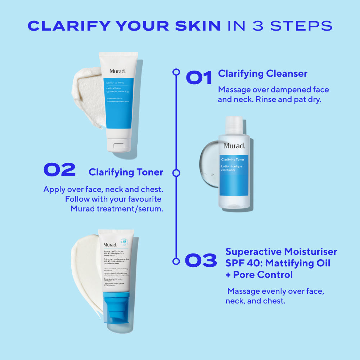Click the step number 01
(x=199, y=78)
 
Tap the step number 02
(x=59, y=170)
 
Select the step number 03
(x=201, y=261)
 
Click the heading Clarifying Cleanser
(x=262, y=74)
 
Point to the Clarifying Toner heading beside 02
(x=126, y=172)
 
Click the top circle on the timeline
(x=176, y=72)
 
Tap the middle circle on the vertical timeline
(x=176, y=173)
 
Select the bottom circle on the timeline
(x=176, y=261)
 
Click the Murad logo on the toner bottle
(x=234, y=146)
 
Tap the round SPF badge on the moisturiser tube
(x=125, y=242)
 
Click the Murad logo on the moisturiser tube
(x=110, y=245)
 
